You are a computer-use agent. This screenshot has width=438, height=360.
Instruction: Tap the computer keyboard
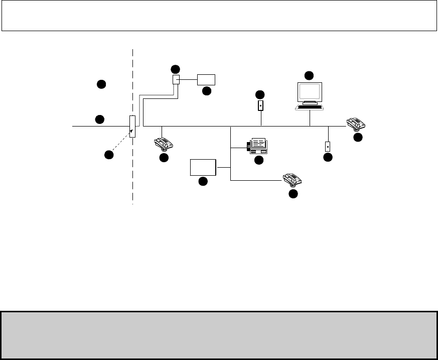tap(310, 107)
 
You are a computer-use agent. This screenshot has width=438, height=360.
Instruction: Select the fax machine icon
tap(259, 146)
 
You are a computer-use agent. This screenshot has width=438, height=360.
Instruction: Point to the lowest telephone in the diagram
tap(293, 179)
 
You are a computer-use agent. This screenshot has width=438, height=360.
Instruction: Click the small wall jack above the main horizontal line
tap(261, 106)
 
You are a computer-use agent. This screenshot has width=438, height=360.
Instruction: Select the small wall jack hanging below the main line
tap(328, 147)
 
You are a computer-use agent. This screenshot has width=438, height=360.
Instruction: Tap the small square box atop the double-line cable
tap(176, 79)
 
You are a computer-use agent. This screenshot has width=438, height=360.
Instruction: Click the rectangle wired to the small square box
tap(206, 79)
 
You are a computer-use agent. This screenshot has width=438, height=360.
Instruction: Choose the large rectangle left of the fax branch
tap(203, 167)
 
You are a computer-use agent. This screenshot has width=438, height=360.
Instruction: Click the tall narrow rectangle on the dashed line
tap(132, 126)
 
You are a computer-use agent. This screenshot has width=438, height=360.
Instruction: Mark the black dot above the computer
tap(309, 76)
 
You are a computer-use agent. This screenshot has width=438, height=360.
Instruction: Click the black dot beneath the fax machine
tap(259, 160)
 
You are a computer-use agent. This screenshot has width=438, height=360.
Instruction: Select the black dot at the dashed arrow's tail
tap(108, 155)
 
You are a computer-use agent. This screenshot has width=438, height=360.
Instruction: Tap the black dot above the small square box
tap(175, 68)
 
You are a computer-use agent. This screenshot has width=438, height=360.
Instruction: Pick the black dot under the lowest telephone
tap(293, 193)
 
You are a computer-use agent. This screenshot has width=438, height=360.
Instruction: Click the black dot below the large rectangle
tap(203, 181)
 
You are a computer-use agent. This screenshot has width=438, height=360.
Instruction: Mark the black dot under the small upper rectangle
tap(206, 91)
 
